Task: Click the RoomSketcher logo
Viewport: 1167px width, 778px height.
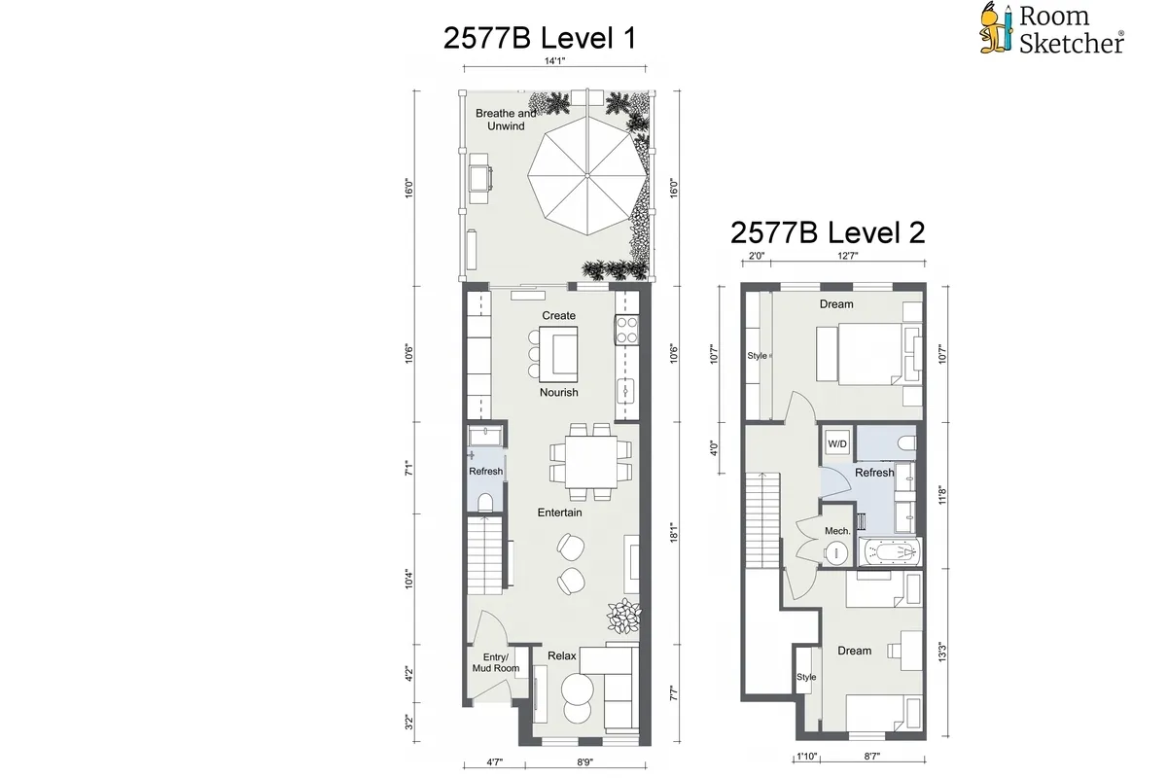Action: point(1050,28)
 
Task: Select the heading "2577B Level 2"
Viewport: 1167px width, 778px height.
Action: point(827,232)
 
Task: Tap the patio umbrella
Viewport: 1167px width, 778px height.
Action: point(584,174)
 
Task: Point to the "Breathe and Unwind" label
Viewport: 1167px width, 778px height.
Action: point(506,120)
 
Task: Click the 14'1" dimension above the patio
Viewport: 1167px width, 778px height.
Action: point(554,61)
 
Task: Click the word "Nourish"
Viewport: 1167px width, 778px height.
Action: point(559,392)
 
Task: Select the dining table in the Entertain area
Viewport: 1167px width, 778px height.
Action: point(583,454)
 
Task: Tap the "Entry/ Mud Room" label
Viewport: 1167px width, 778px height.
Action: point(501,663)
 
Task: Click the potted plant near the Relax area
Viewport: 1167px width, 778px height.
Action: point(622,617)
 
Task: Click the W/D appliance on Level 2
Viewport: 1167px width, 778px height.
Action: point(836,443)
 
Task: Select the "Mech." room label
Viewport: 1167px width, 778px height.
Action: point(837,531)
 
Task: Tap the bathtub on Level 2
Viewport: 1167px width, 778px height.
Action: point(889,553)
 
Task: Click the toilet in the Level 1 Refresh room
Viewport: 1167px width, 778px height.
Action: point(485,500)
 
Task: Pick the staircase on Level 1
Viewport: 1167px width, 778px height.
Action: point(486,554)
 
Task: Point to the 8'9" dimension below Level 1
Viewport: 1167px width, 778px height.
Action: point(586,764)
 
